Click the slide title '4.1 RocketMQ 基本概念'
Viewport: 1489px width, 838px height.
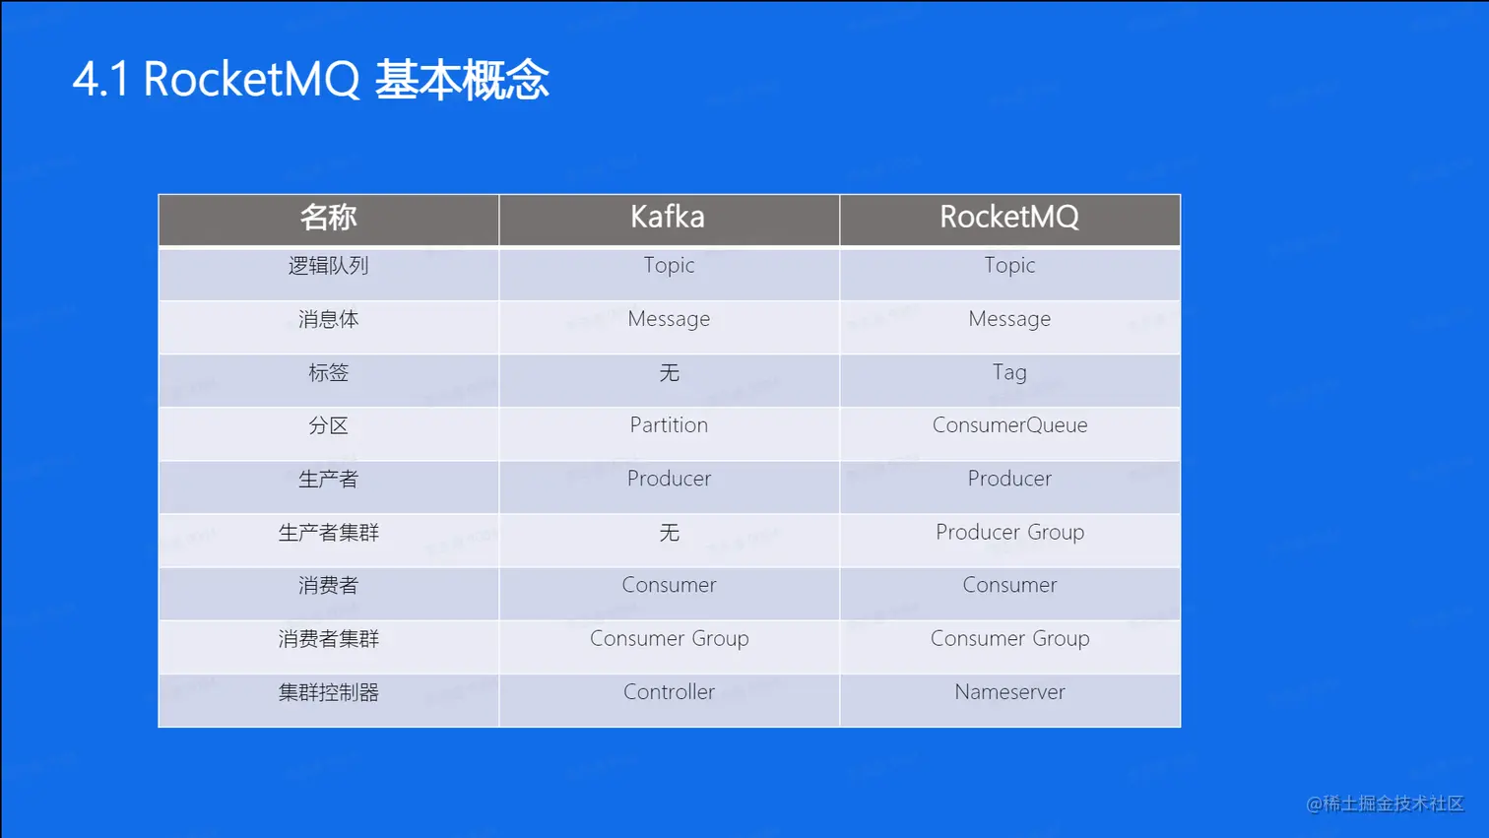point(311,80)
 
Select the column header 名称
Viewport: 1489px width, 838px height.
point(328,218)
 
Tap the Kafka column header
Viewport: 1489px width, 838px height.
point(668,217)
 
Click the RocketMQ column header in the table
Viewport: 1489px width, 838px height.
point(1009,218)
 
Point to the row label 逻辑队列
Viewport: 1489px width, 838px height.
point(328,266)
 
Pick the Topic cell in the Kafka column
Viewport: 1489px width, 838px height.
point(669,266)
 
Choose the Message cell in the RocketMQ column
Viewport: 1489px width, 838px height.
point(1009,320)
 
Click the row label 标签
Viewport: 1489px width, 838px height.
point(328,373)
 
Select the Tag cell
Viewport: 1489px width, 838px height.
point(1009,373)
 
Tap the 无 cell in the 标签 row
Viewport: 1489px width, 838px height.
point(669,373)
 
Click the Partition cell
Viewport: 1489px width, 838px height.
point(669,425)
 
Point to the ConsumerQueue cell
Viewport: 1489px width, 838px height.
point(1009,425)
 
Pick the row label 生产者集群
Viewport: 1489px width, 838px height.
point(328,533)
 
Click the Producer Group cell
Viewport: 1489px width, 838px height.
point(1009,533)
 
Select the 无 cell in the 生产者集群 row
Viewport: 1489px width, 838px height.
point(669,533)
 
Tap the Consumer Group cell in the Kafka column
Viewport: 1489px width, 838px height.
point(669,639)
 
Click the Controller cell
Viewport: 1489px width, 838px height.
point(669,692)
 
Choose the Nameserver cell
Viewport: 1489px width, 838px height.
point(1009,692)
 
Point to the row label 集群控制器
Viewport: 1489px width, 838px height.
point(328,692)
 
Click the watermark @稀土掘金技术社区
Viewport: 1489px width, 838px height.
point(1386,805)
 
